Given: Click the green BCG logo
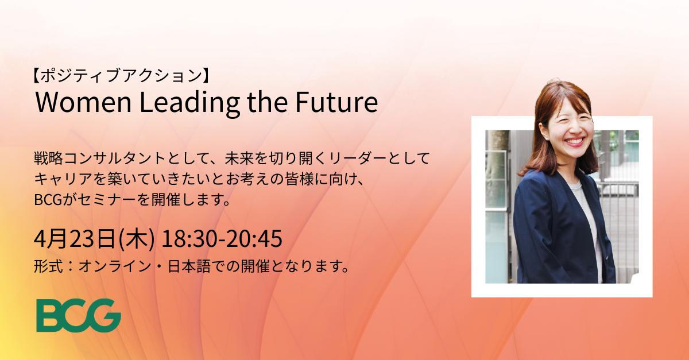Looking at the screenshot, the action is [x=79, y=315].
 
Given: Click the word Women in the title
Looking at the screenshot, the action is [x=84, y=102].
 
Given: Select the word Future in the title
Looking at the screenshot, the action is [x=336, y=102].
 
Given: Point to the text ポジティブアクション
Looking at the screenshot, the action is [x=122, y=76].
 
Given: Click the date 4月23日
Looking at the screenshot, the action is [x=75, y=239].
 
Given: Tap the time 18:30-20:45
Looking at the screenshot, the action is [x=222, y=239].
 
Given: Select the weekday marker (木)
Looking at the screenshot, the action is [x=137, y=239].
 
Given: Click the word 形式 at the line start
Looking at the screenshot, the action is [x=48, y=266].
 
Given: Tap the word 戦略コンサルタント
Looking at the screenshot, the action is [x=100, y=159].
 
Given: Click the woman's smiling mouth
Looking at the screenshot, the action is [x=575, y=142].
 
